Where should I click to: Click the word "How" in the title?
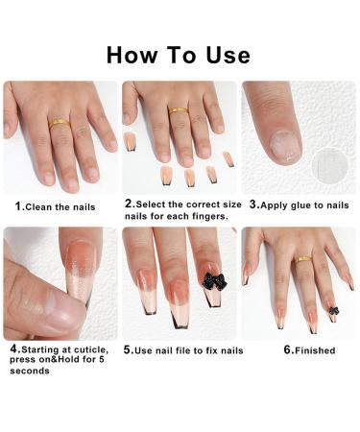tap(135, 54)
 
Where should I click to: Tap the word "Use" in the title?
tap(224, 54)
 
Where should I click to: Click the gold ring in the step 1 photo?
tap(59, 122)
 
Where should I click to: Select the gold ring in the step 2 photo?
tap(178, 111)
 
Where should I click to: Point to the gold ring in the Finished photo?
tap(304, 258)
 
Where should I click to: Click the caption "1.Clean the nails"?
tap(55, 205)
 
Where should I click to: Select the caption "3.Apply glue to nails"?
tap(299, 204)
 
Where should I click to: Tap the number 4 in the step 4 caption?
tap(13, 348)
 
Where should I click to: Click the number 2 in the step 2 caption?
tap(129, 204)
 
